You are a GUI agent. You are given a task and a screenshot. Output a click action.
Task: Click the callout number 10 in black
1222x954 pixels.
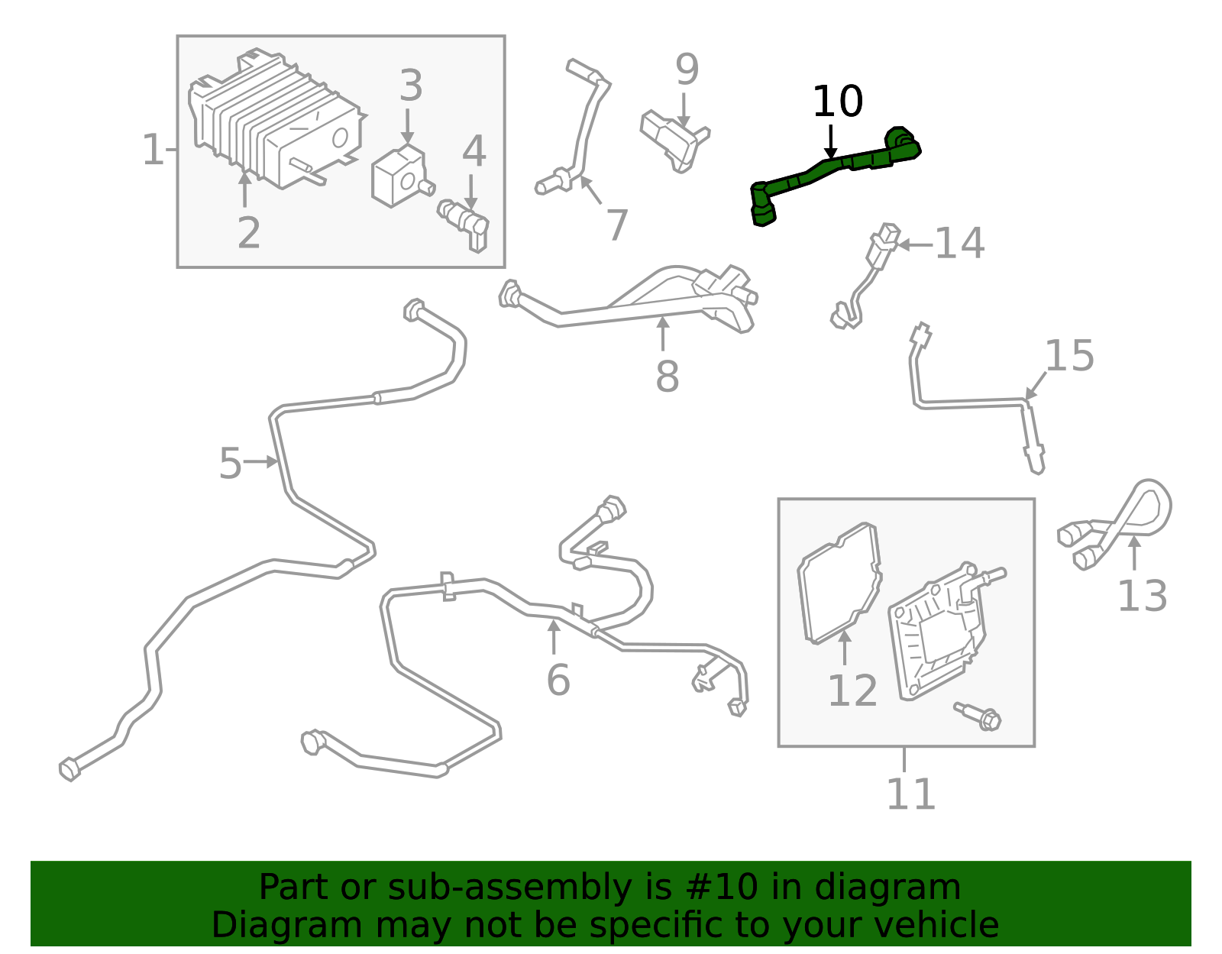pos(837,102)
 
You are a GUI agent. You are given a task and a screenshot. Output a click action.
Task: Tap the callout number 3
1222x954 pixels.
pos(410,86)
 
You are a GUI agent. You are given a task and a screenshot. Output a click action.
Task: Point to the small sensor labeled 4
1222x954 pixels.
pos(465,218)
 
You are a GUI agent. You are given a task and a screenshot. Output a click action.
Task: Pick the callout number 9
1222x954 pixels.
pos(687,70)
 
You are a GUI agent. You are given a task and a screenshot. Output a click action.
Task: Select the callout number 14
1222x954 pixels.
pos(959,244)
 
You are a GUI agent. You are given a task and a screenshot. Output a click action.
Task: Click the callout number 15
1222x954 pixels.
pos(1068,356)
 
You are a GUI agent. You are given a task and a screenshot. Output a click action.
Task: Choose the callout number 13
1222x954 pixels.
pos(1142,596)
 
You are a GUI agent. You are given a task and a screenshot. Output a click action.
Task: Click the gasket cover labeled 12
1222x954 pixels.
pos(839,582)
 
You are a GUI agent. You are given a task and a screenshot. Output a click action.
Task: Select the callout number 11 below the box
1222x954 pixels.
pos(910,794)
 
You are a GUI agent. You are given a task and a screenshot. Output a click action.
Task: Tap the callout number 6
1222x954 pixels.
pos(558,680)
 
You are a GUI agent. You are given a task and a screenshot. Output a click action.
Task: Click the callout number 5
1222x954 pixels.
pos(230,464)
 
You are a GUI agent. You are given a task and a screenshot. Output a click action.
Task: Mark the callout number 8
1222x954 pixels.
pos(667,376)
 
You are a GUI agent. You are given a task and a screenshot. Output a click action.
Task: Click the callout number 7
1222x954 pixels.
pos(616,225)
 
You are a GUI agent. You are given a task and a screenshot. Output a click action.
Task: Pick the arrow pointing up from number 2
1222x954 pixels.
pos(244,189)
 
